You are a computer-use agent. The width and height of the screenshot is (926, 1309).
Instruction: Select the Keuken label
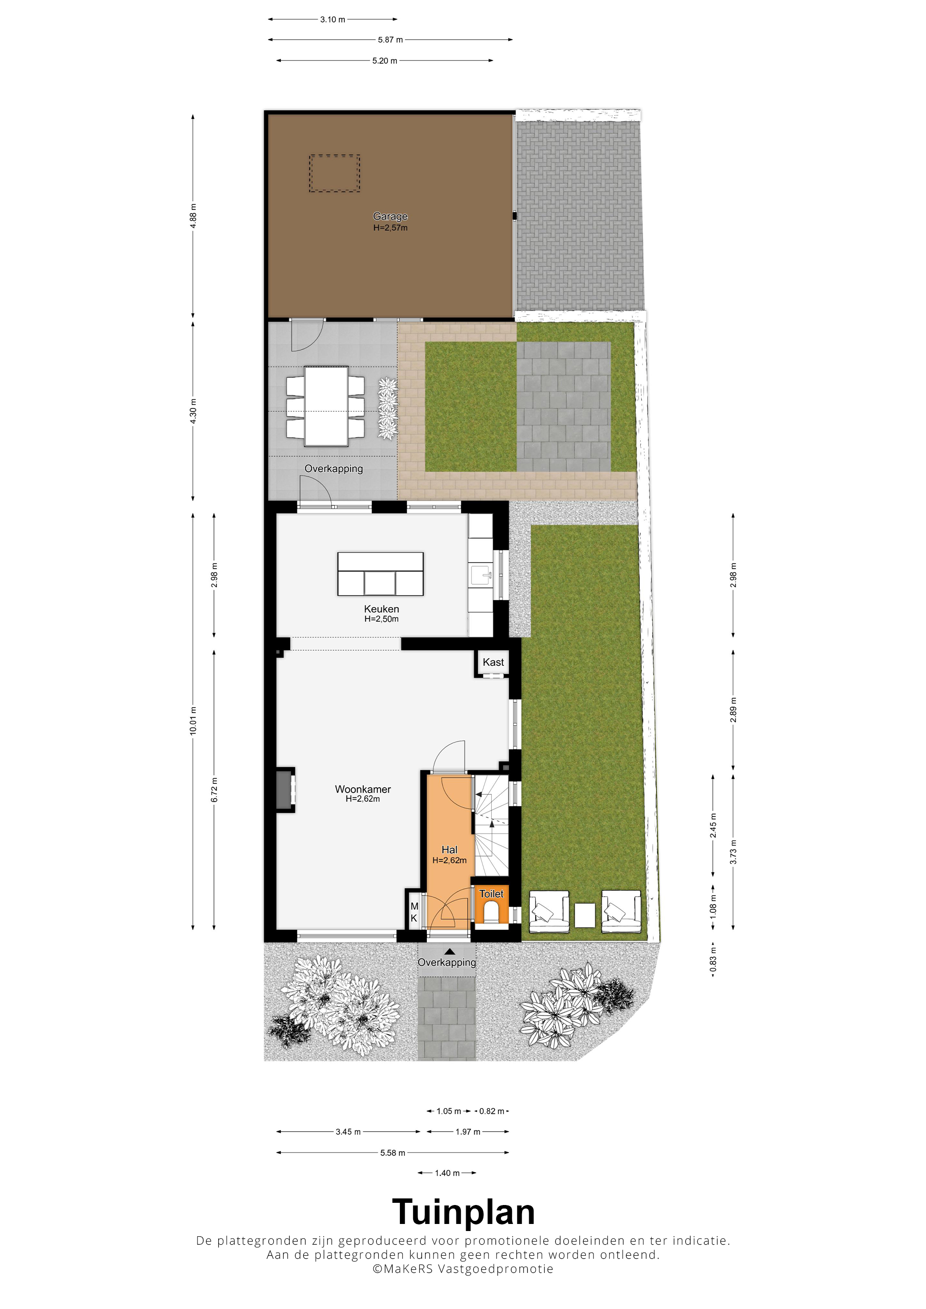pyautogui.click(x=382, y=609)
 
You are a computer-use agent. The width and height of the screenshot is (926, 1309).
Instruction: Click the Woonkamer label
pyautogui.click(x=363, y=789)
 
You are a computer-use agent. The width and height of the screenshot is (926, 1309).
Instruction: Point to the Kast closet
pyautogui.click(x=493, y=663)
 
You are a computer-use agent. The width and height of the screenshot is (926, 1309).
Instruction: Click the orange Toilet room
pyautogui.click(x=491, y=906)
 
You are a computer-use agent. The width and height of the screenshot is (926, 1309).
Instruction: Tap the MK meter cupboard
pyautogui.click(x=414, y=913)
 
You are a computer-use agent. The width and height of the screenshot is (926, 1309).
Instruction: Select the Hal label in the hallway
pyautogui.click(x=450, y=850)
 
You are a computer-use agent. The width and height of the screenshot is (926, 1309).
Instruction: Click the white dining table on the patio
pyautogui.click(x=326, y=406)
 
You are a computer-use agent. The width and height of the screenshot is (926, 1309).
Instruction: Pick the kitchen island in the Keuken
pyautogui.click(x=381, y=574)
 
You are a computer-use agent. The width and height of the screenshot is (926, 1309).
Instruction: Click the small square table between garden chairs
pyautogui.click(x=585, y=916)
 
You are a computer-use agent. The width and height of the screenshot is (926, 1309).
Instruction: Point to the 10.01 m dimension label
pyautogui.click(x=194, y=721)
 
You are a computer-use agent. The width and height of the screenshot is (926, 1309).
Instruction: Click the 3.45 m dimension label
pyautogui.click(x=348, y=1132)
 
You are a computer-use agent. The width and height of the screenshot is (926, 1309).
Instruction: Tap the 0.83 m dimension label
pyautogui.click(x=713, y=960)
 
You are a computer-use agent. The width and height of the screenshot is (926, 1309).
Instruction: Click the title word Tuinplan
pyautogui.click(x=463, y=1212)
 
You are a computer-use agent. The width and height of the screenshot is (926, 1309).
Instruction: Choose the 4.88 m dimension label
pyautogui.click(x=194, y=216)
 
